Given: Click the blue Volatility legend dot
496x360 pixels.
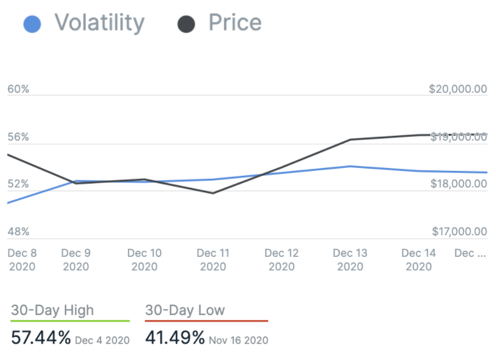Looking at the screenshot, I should pyautogui.click(x=32, y=24).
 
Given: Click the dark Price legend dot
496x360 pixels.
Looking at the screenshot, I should pyautogui.click(x=186, y=24).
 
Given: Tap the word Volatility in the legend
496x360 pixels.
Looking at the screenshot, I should pyautogui.click(x=99, y=23).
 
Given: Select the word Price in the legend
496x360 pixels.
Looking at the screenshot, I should pyautogui.click(x=235, y=23).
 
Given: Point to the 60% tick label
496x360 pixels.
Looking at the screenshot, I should pyautogui.click(x=18, y=89).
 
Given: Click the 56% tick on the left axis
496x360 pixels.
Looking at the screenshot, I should pyautogui.click(x=18, y=137).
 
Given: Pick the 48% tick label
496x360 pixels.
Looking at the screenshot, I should pyautogui.click(x=18, y=232).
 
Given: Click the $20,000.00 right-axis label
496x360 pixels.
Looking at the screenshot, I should pyautogui.click(x=457, y=89).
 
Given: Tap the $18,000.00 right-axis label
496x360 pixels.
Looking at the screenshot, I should pyautogui.click(x=457, y=184).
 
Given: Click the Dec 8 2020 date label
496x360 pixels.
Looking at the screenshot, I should pyautogui.click(x=22, y=259).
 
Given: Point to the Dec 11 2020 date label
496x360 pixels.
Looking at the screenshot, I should pyautogui.click(x=213, y=259).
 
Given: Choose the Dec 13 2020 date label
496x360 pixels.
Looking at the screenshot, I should pyautogui.click(x=350, y=259).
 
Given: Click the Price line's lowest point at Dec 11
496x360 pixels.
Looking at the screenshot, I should pyautogui.click(x=213, y=193).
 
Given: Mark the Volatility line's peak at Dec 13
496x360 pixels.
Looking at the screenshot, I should pyautogui.click(x=350, y=166).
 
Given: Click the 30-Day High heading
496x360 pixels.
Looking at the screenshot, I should pyautogui.click(x=53, y=311).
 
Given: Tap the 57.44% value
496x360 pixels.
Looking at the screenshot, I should pyautogui.click(x=41, y=338).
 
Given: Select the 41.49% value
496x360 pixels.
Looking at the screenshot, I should pyautogui.click(x=175, y=338).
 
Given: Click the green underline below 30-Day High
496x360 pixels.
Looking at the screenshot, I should pyautogui.click(x=70, y=321).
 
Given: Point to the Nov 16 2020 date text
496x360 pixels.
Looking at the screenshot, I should pyautogui.click(x=238, y=340).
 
